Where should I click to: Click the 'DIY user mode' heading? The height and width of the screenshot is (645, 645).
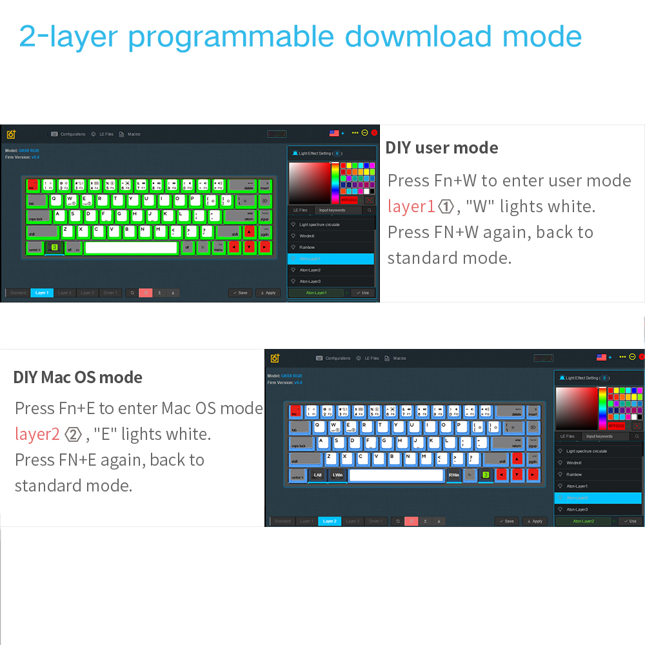coord(442,148)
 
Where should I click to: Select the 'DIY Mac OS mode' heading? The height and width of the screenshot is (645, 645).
coord(78,377)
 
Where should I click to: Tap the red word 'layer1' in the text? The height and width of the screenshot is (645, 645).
coord(412,206)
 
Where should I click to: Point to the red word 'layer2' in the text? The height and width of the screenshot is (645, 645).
coord(37,434)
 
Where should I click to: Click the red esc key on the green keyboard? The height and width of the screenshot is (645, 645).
coord(32,185)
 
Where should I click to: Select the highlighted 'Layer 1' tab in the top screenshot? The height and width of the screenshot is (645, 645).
coord(42,293)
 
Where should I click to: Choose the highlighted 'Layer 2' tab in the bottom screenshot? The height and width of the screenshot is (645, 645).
coord(330,521)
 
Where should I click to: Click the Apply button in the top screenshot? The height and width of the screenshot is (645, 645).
coord(268,293)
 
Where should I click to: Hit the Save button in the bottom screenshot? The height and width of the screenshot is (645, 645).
coord(506,521)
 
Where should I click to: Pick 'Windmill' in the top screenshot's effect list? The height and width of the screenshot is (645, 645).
coord(307,236)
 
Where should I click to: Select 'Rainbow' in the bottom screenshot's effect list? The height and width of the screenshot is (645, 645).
coord(574,474)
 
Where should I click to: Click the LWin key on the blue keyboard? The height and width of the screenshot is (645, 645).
coord(337,475)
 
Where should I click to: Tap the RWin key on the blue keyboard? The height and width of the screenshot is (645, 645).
coord(454,475)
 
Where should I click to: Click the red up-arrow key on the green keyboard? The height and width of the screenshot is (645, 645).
coord(249,232)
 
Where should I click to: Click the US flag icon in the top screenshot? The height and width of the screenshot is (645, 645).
coord(334,133)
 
